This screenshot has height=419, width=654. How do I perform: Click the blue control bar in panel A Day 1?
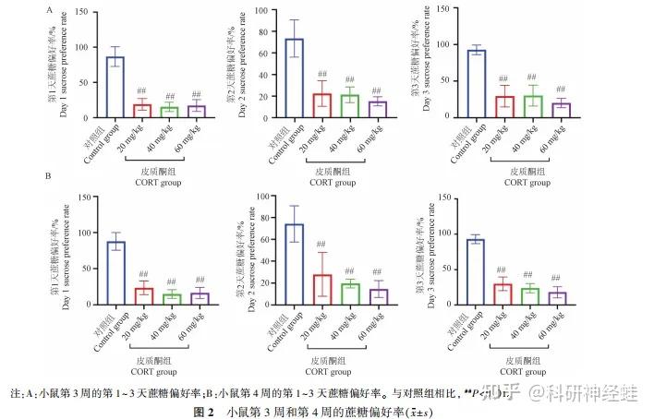point(115,88)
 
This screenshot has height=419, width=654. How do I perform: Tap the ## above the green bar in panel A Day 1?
point(170,96)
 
